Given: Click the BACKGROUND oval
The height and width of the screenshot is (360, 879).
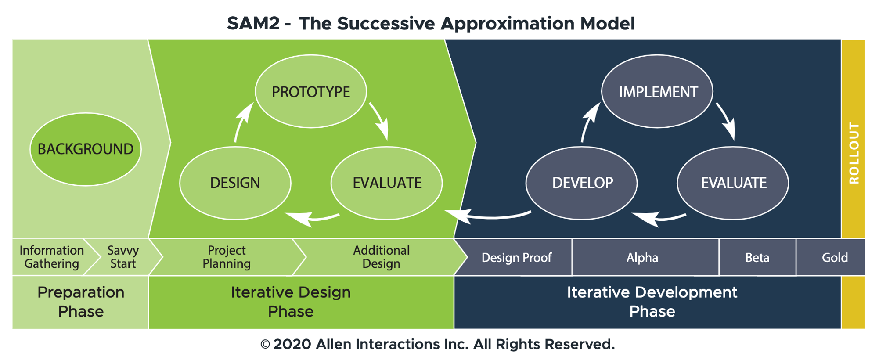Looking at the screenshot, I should click(x=86, y=149).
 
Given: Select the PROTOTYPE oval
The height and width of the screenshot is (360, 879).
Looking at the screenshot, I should click(x=311, y=92).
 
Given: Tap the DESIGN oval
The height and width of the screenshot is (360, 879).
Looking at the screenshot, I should click(x=235, y=183).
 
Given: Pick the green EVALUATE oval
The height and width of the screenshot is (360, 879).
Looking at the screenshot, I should click(x=387, y=183).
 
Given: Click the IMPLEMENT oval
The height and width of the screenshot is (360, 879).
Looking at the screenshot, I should click(x=657, y=92).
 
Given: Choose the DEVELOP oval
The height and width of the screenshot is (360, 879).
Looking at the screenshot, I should click(x=582, y=183).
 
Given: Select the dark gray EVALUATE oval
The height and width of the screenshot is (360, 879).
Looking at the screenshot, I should click(x=733, y=183).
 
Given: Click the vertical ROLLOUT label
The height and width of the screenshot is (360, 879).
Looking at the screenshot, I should click(x=854, y=153).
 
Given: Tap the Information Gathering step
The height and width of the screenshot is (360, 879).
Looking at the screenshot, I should click(x=51, y=257).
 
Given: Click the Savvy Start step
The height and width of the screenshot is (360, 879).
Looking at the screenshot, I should click(x=123, y=257).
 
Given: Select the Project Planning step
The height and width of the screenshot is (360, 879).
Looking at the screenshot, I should click(x=227, y=257).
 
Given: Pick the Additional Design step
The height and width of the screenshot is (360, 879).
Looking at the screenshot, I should click(x=381, y=257).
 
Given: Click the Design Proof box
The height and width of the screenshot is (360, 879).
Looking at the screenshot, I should click(x=516, y=258).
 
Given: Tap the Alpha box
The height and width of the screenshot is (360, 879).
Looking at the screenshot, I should click(x=642, y=258).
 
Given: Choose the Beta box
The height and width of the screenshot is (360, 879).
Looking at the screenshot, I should click(x=757, y=258).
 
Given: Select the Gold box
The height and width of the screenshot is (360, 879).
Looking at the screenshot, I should click(x=834, y=258).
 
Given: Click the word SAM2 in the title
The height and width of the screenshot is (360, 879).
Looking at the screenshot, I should click(x=253, y=23).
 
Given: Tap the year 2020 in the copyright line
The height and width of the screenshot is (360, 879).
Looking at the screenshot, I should click(x=292, y=344).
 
